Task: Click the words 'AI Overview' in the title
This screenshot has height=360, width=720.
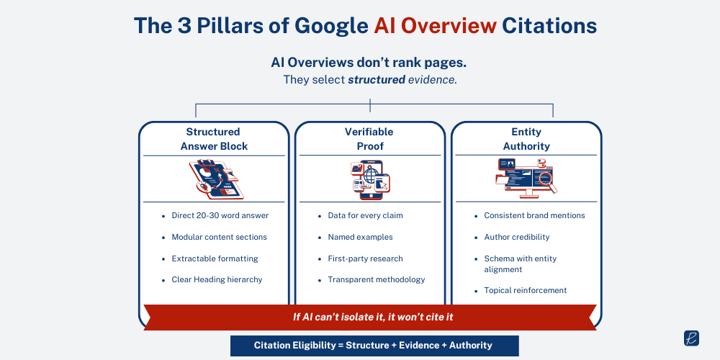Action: [435, 26]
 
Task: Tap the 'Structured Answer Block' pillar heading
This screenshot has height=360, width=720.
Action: [214, 139]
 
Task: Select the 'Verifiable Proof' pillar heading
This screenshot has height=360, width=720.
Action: [369, 139]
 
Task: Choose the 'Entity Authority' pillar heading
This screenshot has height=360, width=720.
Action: [526, 139]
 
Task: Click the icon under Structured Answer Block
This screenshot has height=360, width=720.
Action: [215, 179]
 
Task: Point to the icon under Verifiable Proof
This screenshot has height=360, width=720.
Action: [369, 179]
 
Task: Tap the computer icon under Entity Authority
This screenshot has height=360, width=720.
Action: [526, 180]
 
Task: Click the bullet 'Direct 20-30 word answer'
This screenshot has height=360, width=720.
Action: [220, 215]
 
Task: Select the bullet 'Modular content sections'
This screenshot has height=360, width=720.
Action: [219, 237]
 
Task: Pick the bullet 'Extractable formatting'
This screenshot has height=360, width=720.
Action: [215, 258]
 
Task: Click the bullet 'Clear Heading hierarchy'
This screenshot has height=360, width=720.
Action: [217, 279]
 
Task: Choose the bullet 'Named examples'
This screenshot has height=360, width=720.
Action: [360, 237]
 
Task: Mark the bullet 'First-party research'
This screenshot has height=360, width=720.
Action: [365, 258]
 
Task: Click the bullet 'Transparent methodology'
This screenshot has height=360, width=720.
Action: [376, 279]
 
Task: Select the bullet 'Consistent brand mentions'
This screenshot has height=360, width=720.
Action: [534, 215]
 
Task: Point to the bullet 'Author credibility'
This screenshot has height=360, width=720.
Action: [516, 237]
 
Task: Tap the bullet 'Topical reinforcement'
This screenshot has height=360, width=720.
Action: [525, 290]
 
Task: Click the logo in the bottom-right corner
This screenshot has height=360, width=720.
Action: [690, 338]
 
